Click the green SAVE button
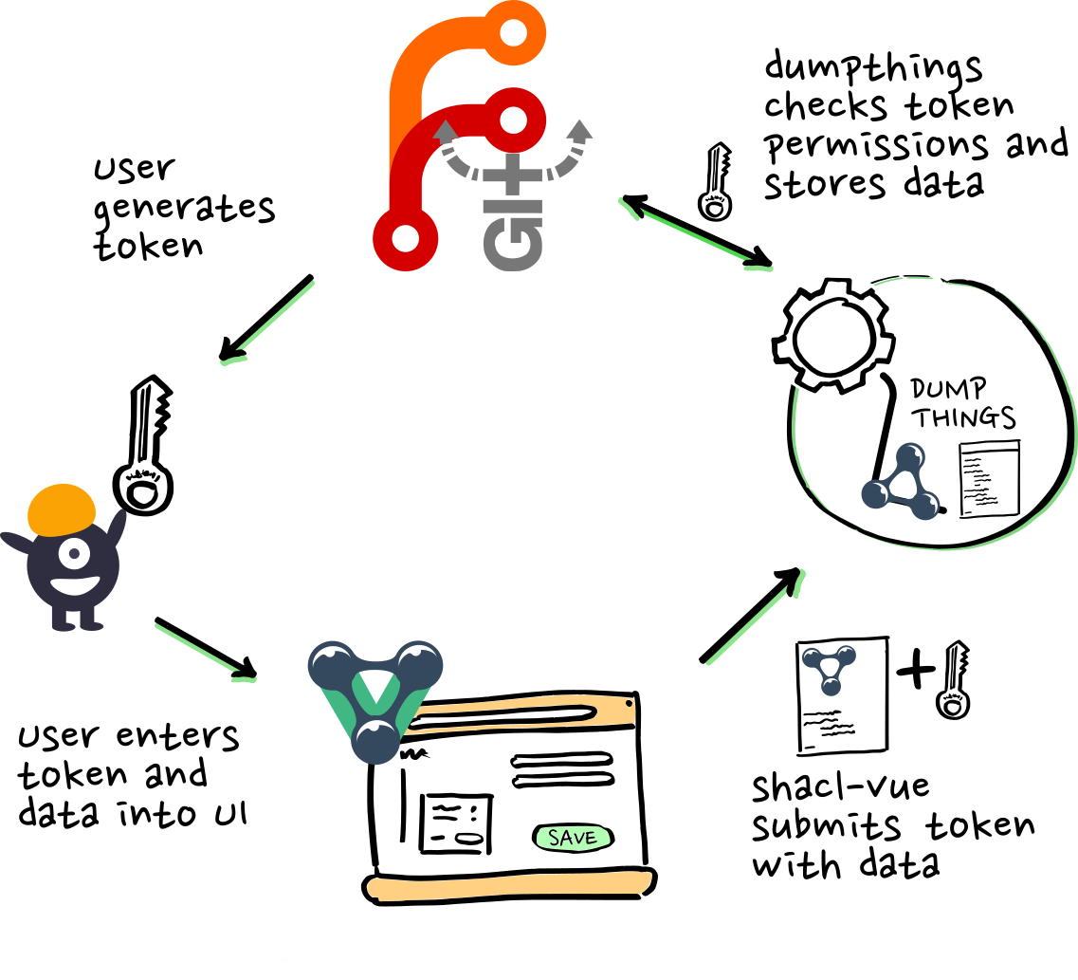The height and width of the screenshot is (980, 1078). (573, 838)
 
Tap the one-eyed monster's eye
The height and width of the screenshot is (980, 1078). (73, 551)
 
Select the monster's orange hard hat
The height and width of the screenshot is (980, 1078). (62, 508)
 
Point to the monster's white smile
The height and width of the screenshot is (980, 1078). (75, 584)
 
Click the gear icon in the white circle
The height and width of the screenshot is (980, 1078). (833, 335)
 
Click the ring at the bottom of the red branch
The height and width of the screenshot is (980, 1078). (405, 237)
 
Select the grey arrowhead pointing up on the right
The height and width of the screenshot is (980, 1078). (580, 131)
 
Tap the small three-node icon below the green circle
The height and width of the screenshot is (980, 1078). (830, 668)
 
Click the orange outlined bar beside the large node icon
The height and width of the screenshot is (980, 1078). (521, 714)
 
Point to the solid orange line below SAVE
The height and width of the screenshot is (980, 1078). (509, 886)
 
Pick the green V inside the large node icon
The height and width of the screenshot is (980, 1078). (375, 698)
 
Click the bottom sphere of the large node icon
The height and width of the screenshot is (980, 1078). (375, 741)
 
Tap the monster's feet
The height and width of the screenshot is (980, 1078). (77, 621)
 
